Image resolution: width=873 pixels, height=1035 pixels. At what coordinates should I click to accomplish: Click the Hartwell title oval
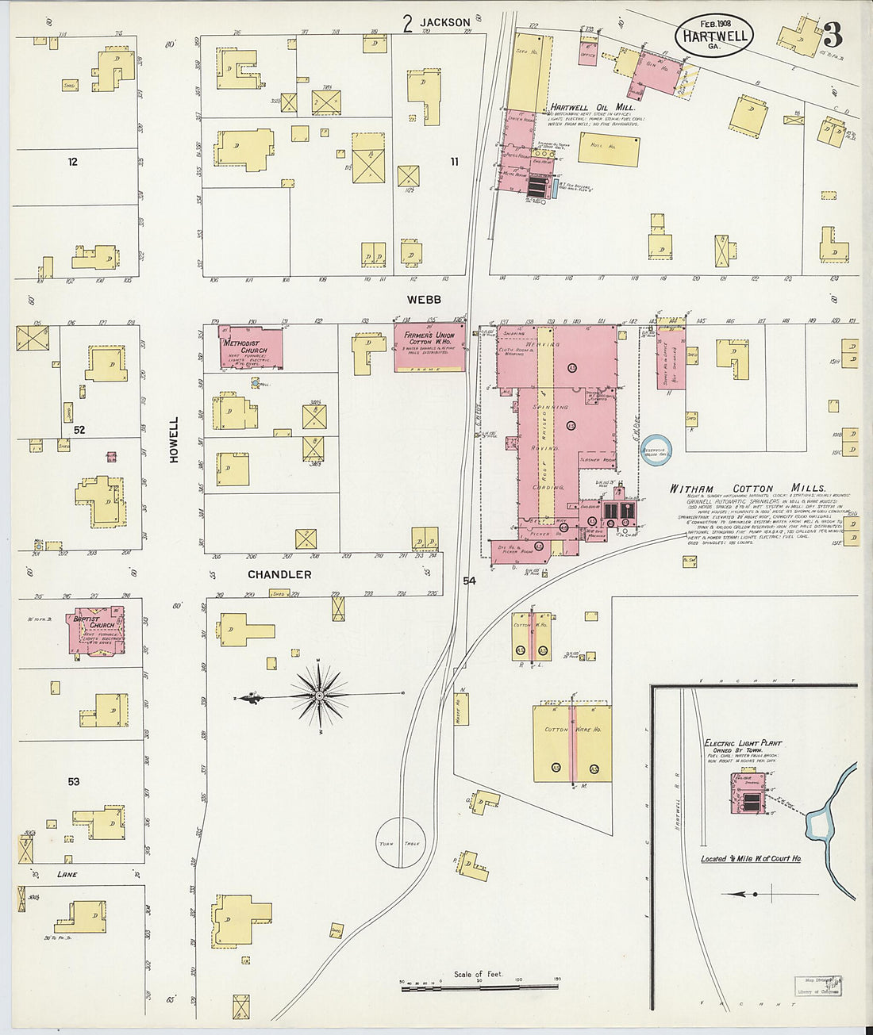coord(713,36)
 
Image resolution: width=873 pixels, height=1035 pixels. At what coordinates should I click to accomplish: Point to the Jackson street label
coord(445,23)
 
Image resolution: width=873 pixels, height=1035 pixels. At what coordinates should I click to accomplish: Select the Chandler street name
coord(279,574)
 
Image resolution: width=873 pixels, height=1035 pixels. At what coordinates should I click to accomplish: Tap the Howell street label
coord(174,440)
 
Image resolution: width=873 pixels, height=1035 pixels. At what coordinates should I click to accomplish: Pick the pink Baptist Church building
coord(98,630)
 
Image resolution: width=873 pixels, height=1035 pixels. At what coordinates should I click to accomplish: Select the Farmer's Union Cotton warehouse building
coord(430,347)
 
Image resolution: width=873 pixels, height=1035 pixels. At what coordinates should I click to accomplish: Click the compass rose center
coord(319,696)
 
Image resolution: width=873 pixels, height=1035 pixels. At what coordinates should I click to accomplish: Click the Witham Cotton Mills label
coord(748,489)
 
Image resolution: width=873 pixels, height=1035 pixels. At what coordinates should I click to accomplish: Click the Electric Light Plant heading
coord(743,743)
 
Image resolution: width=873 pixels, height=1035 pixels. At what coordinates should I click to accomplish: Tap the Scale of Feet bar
coord(479,984)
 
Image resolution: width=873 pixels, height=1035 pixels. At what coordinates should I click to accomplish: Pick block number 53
coord(73,781)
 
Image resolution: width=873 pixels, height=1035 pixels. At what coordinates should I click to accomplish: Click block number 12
coord(73,162)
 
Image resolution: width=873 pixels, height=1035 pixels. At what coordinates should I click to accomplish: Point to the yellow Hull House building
coord(609,148)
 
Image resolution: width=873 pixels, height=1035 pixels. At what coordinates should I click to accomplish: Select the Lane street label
coord(67,874)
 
